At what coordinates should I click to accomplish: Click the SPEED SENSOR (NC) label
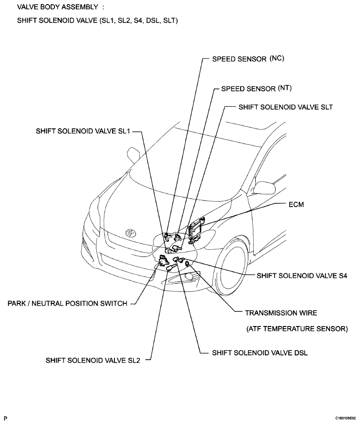tap(248, 59)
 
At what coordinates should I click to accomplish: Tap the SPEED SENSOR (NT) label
tap(256, 89)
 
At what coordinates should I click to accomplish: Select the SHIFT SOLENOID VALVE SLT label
tap(286, 107)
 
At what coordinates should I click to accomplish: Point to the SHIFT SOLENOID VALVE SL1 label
tap(83, 131)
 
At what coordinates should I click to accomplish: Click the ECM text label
tap(296, 204)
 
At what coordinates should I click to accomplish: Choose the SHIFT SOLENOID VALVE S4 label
tap(302, 276)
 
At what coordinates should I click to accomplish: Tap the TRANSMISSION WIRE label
tap(281, 313)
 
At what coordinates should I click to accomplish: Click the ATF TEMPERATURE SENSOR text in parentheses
tap(297, 329)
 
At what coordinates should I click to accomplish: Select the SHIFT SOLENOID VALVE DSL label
tap(260, 353)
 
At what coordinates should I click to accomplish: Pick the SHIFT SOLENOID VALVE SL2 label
tap(93, 360)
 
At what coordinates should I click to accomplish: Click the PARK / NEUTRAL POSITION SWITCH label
tap(67, 303)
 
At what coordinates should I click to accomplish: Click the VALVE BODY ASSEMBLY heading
tap(58, 7)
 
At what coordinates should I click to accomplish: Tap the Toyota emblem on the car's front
tap(131, 233)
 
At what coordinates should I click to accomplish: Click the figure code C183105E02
tap(345, 419)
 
